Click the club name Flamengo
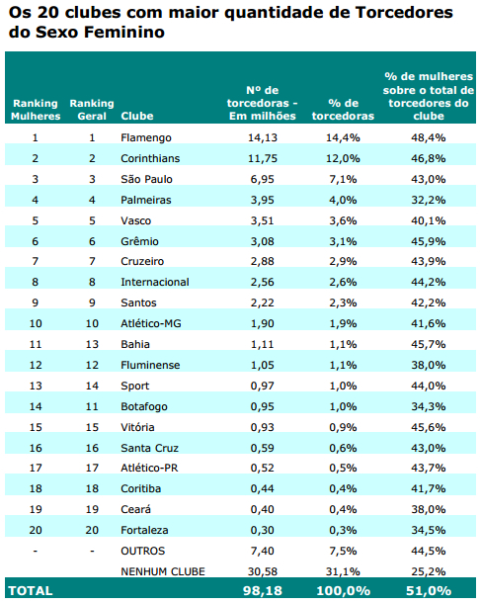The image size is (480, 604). [x=145, y=137]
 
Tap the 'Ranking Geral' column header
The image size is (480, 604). [x=92, y=109]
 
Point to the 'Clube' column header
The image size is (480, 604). [x=136, y=116]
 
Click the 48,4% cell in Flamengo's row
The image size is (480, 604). [x=428, y=137]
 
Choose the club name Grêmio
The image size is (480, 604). [x=140, y=240]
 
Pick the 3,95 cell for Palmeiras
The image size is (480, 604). [x=267, y=200]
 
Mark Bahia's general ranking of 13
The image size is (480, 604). [x=92, y=343]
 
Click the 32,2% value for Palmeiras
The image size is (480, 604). [x=428, y=200]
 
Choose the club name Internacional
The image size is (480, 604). [x=154, y=282]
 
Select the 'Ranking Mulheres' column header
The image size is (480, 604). [x=36, y=109]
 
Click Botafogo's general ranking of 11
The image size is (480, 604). [x=92, y=405]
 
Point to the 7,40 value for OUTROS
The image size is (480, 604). [x=267, y=550]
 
